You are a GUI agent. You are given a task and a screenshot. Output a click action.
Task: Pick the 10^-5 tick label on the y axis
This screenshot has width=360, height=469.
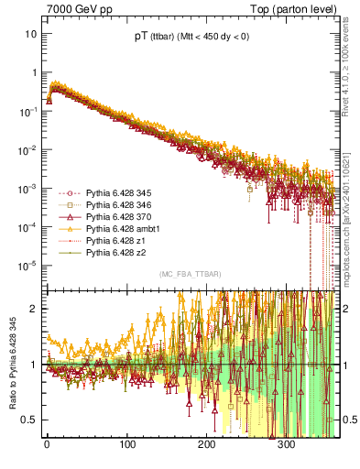tap(27, 266)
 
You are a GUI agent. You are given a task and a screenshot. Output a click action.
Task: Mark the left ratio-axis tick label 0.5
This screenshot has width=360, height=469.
tap(29, 420)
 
